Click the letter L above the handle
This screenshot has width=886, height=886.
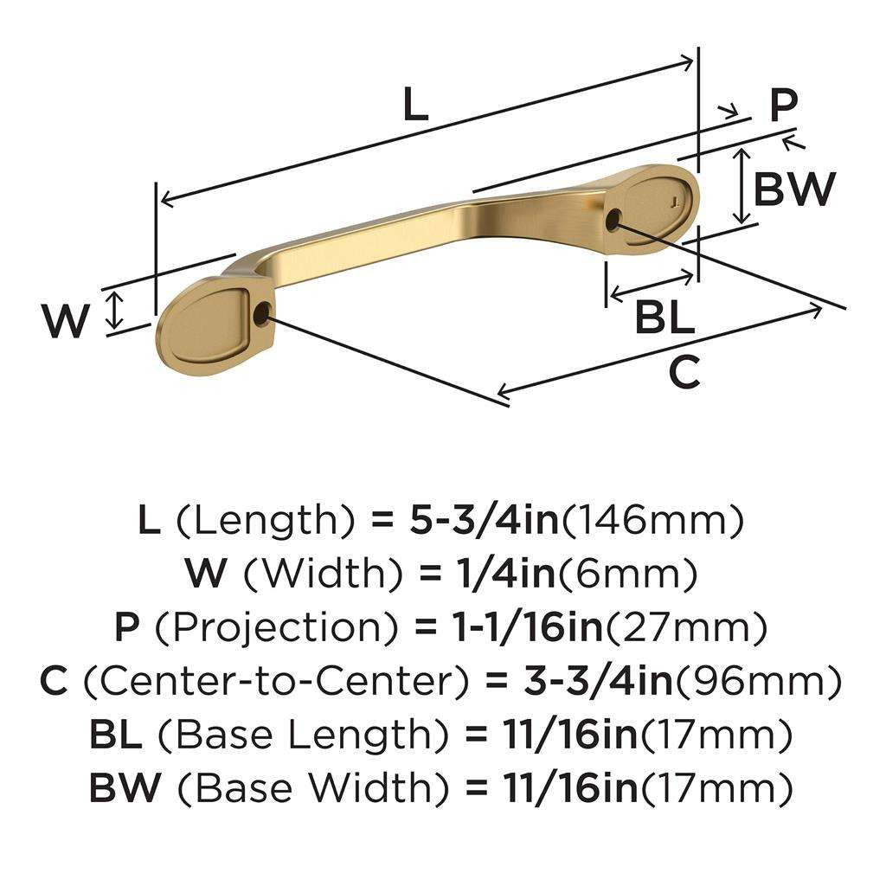pyautogui.click(x=415, y=106)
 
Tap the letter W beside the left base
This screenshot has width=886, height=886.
pyautogui.click(x=66, y=322)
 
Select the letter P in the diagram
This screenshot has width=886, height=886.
pyautogui.click(x=784, y=107)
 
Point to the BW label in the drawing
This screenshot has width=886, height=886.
pyautogui.click(x=794, y=189)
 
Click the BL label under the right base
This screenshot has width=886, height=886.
pyautogui.click(x=664, y=319)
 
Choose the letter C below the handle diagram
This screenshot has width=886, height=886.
pyautogui.click(x=684, y=374)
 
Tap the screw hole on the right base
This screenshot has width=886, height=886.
pyautogui.click(x=613, y=220)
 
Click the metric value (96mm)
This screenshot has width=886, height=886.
pyautogui.click(x=758, y=681)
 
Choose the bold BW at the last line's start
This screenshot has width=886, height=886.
pyautogui.click(x=124, y=786)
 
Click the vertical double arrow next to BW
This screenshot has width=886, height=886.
pyautogui.click(x=741, y=186)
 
